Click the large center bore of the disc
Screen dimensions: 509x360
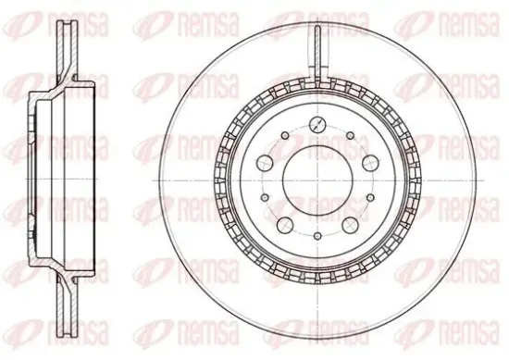click(x=317, y=180)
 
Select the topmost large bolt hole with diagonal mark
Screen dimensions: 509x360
click(x=317, y=124)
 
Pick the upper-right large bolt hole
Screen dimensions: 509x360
click(x=370, y=162)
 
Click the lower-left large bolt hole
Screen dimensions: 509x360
click(x=285, y=224)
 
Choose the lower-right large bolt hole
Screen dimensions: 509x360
click(x=351, y=224)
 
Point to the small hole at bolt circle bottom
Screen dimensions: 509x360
click(x=317, y=236)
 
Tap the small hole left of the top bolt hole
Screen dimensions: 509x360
click(x=285, y=135)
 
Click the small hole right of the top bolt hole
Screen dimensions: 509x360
click(x=350, y=135)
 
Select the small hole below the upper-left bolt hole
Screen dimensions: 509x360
click(x=266, y=197)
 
